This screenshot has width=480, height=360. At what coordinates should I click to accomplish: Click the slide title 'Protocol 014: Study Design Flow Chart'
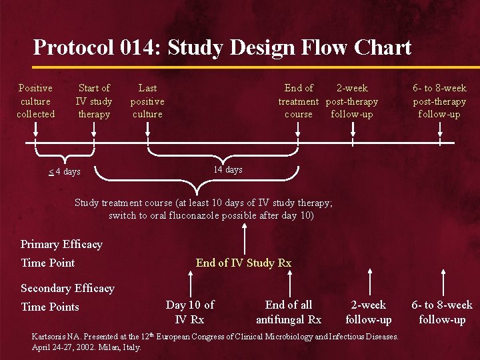[222, 48]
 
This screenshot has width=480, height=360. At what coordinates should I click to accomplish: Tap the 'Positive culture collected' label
[35, 101]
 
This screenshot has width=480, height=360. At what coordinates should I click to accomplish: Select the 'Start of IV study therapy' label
[94, 101]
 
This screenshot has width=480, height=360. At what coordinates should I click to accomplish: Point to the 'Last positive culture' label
[147, 101]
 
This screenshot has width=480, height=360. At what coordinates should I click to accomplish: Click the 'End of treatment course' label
[299, 101]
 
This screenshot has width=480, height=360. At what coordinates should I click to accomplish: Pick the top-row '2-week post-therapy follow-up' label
[352, 101]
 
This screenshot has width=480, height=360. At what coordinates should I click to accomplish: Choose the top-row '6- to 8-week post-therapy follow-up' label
[439, 101]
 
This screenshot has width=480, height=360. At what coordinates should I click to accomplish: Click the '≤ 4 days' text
[64, 172]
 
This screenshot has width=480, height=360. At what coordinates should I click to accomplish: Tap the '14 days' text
[228, 170]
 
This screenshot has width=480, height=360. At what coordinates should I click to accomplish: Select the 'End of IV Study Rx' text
[243, 263]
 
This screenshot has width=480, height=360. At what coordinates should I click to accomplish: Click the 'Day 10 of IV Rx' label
[190, 312]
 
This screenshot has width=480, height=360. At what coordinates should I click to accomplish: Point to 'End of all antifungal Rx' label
[289, 312]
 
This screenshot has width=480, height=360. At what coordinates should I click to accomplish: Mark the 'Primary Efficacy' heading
[61, 244]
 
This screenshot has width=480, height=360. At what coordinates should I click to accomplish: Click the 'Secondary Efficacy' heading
[67, 288]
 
